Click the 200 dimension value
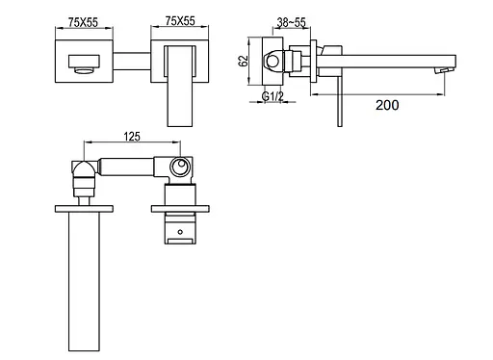pyautogui.click(x=387, y=105)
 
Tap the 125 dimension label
pyautogui.click(x=132, y=137)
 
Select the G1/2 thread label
pyautogui.click(x=272, y=96)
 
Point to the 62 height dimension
pyautogui.click(x=244, y=61)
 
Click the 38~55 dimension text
pyautogui.click(x=291, y=22)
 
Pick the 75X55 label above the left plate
pyautogui.click(x=83, y=22)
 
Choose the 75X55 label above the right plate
pyautogui.click(x=180, y=20)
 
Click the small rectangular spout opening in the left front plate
pyautogui.click(x=84, y=62)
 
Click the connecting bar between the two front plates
pyautogui.click(x=132, y=62)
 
